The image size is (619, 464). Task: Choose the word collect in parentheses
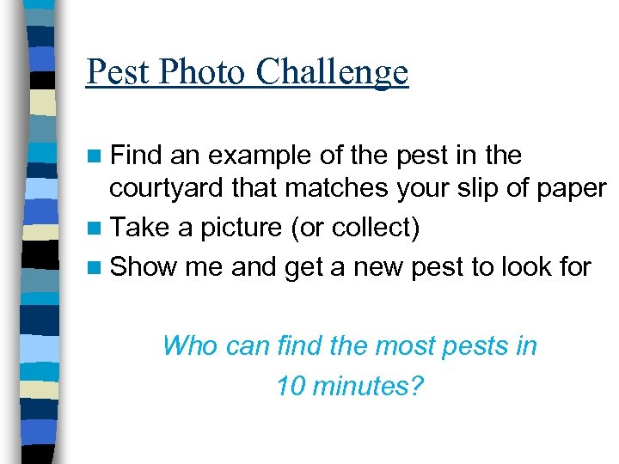[x=377, y=229]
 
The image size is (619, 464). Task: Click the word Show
[x=144, y=266]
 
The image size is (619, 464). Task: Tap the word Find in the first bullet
[x=137, y=156]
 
